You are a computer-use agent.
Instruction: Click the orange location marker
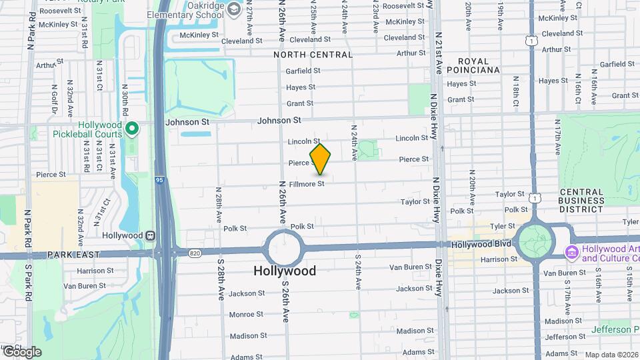(321, 159)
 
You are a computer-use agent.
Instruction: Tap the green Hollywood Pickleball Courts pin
(133, 127)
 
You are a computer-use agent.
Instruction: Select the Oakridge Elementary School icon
(234, 9)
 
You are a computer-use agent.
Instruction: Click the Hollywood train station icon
(151, 235)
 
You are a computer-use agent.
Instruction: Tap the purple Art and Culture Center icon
(571, 253)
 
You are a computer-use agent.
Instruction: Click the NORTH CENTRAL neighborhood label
(313, 55)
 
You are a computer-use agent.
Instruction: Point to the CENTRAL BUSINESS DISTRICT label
(581, 201)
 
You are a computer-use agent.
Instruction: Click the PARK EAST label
(73, 255)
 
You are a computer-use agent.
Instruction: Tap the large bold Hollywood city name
(285, 271)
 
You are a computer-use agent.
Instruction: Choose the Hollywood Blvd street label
(481, 244)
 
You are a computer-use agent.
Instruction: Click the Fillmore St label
(307, 183)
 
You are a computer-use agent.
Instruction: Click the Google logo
(21, 351)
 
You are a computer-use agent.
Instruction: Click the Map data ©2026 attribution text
(611, 355)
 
